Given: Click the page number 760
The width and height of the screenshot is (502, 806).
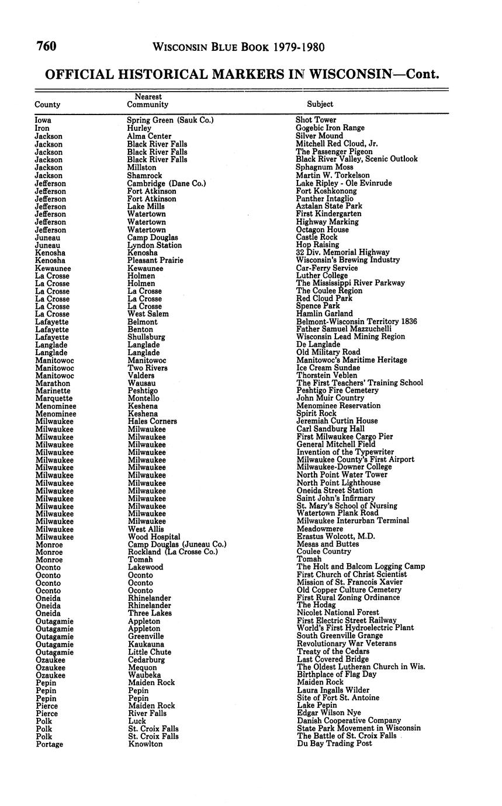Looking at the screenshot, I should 46,46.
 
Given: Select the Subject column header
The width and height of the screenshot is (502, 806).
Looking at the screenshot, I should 320,104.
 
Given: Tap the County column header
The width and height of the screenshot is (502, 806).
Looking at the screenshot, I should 47,105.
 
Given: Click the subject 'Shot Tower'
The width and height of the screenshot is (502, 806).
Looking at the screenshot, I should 316,120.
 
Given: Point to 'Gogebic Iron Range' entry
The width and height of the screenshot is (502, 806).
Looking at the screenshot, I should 330,128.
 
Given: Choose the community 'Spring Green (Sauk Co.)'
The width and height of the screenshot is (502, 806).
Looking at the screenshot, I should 170,120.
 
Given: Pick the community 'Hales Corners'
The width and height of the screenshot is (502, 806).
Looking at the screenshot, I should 153,421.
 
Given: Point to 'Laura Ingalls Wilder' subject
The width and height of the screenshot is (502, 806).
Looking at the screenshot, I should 333,690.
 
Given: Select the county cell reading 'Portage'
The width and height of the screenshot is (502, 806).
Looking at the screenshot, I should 49,744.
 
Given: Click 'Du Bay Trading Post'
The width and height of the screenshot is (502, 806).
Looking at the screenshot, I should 334,744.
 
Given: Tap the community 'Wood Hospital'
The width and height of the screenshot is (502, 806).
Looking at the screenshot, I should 154,536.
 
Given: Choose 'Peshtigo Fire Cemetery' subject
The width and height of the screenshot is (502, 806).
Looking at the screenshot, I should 338,390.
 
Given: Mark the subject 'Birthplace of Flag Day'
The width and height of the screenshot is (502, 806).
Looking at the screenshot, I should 337,674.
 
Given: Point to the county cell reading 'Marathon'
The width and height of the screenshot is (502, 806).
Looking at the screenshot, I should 53,383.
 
